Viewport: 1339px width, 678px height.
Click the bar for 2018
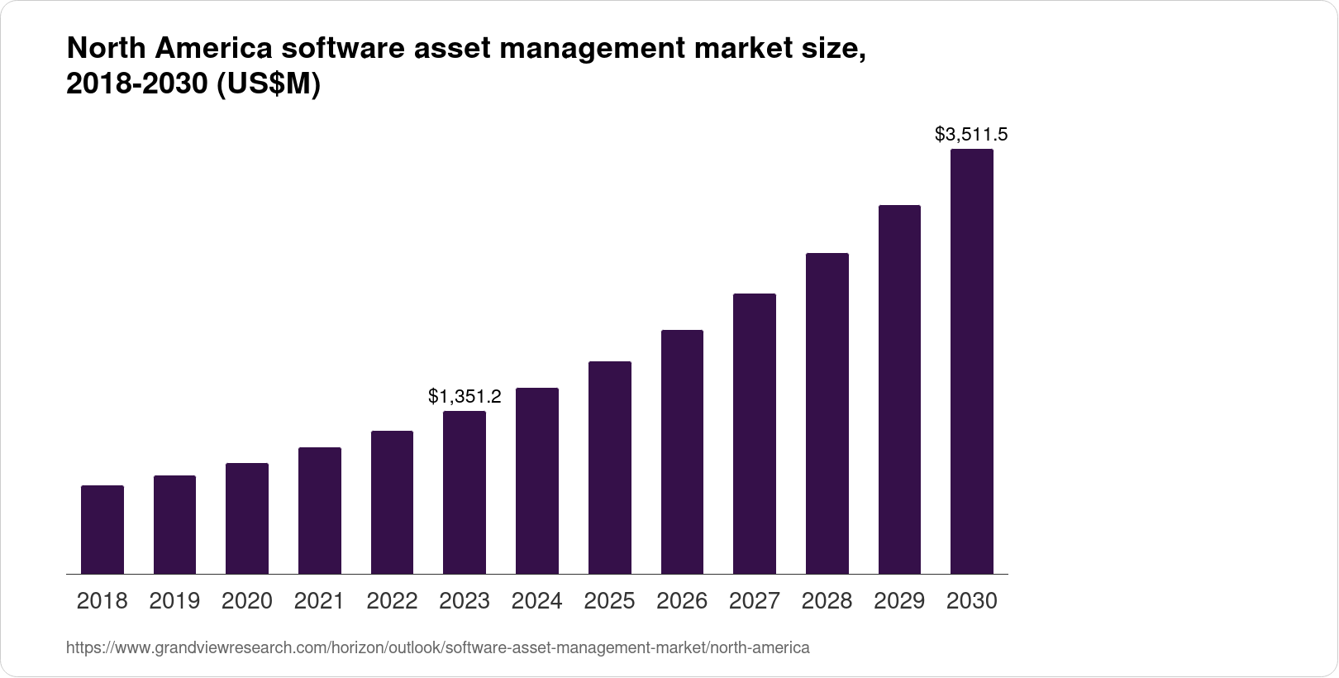pos(102,529)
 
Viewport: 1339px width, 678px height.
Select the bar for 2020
pos(247,518)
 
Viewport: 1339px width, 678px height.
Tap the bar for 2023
pos(465,492)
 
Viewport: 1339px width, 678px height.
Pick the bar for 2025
pos(609,467)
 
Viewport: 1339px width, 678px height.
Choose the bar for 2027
pos(754,433)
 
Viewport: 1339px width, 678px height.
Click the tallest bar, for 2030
pos(971,361)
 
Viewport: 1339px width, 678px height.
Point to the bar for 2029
pos(899,389)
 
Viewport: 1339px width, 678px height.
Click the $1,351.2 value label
pos(465,397)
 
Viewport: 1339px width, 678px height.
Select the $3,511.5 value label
pos(971,134)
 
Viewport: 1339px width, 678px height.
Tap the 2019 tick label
pos(174,601)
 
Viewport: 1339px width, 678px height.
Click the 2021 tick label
pos(319,601)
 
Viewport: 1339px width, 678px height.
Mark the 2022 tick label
pos(392,601)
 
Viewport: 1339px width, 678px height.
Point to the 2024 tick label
pos(536,601)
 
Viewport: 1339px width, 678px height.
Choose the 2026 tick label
pos(682,601)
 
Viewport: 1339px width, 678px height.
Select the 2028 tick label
pos(827,601)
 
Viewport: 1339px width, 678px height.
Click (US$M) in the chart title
pos(269,86)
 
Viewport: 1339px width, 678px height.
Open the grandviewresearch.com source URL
pos(438,647)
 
